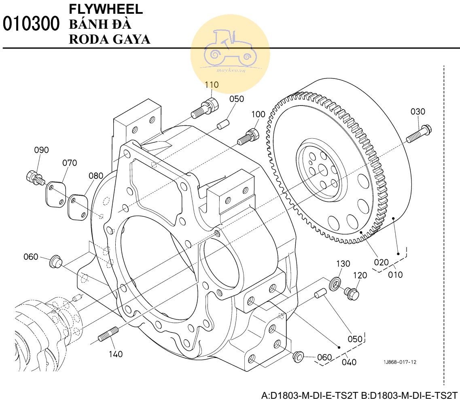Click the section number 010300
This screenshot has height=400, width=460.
point(31,24)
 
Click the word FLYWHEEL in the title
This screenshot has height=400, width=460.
point(106,9)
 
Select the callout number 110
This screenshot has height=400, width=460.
point(212,85)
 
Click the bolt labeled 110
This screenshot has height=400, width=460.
point(205,108)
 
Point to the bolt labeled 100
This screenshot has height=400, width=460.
point(248,137)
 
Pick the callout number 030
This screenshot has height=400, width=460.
point(418,112)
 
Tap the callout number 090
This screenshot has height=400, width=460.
point(41,150)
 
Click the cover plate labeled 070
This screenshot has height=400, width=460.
point(55,195)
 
